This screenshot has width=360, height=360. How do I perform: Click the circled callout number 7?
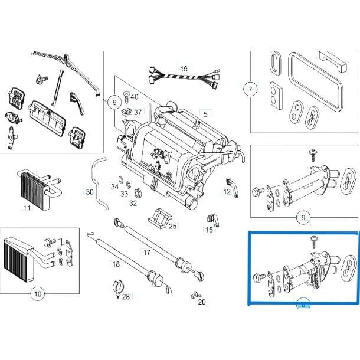point(250,90)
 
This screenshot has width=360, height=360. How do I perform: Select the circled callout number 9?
point(303,218)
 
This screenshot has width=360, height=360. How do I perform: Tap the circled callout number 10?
point(37,293)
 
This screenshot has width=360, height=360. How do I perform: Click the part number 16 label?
point(184,69)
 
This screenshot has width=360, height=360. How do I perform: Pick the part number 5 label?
point(205,113)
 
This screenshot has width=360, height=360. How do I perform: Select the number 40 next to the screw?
point(135,97)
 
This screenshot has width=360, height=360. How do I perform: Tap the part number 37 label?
point(138,112)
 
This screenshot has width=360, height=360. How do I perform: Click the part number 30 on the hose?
point(89,192)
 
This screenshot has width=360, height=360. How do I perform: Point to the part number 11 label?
point(27,208)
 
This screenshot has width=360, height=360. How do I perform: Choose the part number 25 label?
point(172,225)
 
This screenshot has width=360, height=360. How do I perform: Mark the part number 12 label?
point(227,191)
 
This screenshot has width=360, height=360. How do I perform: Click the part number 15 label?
point(209,230)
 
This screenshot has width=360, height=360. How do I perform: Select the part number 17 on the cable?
point(146,252)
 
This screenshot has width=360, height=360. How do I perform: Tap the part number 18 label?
point(116,264)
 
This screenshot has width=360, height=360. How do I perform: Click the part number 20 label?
point(202,302)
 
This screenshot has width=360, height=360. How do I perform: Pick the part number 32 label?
point(133,203)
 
